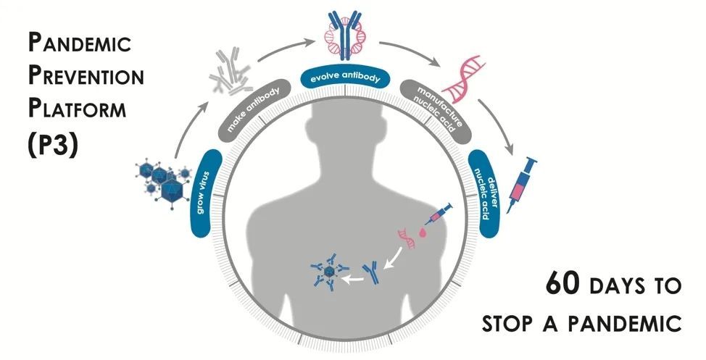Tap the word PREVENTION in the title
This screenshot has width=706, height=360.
tap(86, 76)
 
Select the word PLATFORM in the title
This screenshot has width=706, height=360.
tap(78, 109)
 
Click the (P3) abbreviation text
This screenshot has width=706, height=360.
tap(51, 143)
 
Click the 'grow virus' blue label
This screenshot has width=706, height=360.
tap(203, 193)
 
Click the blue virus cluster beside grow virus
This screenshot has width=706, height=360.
tap(163, 177)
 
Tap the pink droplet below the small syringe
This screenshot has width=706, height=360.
tap(423, 234)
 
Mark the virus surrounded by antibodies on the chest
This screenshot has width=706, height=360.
tap(327, 274)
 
